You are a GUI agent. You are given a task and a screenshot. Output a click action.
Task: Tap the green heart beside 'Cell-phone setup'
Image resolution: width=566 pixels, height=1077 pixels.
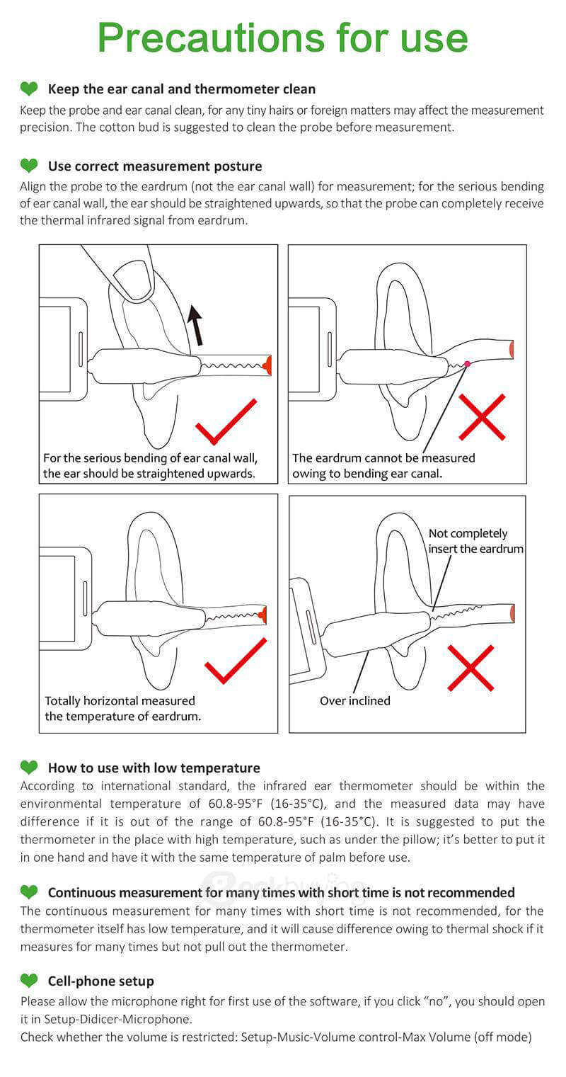pos(29,980)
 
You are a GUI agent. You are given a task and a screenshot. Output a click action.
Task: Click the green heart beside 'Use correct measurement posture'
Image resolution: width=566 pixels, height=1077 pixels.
pos(29,166)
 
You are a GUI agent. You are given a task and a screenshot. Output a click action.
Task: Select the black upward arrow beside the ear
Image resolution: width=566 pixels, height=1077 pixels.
pos(195,325)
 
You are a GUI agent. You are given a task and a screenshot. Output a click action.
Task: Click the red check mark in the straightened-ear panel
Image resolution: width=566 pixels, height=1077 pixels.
pos(226,421)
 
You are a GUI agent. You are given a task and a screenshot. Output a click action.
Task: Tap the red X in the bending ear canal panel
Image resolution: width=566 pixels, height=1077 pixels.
pos(482,417)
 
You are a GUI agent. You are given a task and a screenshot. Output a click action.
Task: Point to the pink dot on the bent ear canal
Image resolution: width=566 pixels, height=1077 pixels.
pos(467,364)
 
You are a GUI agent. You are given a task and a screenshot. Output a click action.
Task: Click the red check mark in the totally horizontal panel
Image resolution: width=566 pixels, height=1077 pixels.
pos(236,661)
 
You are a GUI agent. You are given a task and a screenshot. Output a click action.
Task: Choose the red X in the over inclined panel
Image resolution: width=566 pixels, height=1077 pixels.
pos(470,668)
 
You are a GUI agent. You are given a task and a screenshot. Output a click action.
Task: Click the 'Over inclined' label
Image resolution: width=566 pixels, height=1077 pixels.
pos(355,700)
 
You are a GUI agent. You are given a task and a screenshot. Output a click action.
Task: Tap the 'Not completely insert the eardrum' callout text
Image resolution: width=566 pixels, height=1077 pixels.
pos(475,541)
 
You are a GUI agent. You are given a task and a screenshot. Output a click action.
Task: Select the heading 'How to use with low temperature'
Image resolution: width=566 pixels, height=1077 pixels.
pos(154,768)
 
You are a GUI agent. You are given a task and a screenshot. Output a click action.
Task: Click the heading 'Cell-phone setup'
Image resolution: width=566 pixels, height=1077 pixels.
pos(101,981)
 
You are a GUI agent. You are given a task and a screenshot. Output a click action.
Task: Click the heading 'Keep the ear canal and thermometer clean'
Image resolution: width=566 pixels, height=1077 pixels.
pos(182,89)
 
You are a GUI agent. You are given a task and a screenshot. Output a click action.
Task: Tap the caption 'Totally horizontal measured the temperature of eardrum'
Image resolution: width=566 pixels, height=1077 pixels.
pos(123,708)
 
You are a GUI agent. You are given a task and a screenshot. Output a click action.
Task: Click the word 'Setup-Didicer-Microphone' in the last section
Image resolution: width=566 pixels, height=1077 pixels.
pos(117,1019)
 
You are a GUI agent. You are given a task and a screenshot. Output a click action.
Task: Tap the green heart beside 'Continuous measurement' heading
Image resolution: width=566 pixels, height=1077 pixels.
pos(29,892)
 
